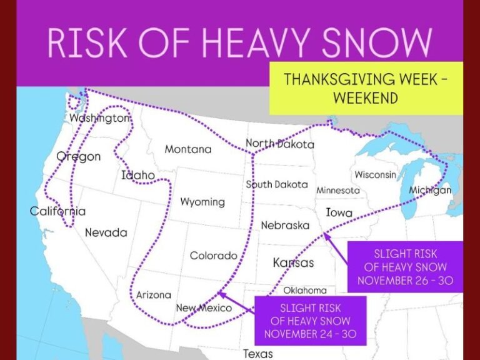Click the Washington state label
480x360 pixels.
click(x=100, y=118)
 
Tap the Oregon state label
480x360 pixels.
click(x=79, y=156)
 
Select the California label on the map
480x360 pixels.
click(x=57, y=211)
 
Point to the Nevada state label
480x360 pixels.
click(x=106, y=232)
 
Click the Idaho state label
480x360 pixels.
click(x=138, y=176)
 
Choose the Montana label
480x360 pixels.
click(x=187, y=149)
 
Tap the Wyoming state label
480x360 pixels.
click(x=202, y=202)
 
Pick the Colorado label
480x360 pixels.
click(x=213, y=256)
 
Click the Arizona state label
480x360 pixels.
click(x=153, y=294)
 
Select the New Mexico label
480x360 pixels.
click(x=204, y=308)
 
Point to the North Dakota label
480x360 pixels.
click(x=279, y=144)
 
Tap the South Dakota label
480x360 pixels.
click(x=276, y=184)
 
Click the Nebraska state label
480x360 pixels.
click(x=285, y=225)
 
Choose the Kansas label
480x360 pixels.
click(x=293, y=263)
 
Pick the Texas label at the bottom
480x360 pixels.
click(x=257, y=354)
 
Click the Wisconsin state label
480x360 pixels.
click(x=375, y=175)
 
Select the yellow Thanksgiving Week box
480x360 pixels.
click(x=366, y=88)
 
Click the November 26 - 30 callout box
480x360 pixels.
click(x=405, y=267)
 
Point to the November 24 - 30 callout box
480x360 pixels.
click(x=310, y=321)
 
